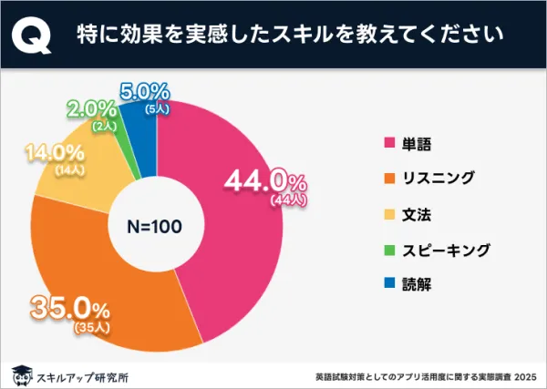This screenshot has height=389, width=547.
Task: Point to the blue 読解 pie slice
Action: pyautogui.click(x=145, y=123)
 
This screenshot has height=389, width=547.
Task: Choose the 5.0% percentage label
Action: pyautogui.click(x=144, y=91)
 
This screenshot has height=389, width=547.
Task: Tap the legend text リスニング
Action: pyautogui.click(x=437, y=178)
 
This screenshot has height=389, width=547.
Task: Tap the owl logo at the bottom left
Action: pyautogui.click(x=19, y=374)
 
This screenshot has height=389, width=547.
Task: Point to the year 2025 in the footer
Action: pyautogui.click(x=523, y=374)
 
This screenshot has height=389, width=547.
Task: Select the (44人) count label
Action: pyautogui.click(x=290, y=199)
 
